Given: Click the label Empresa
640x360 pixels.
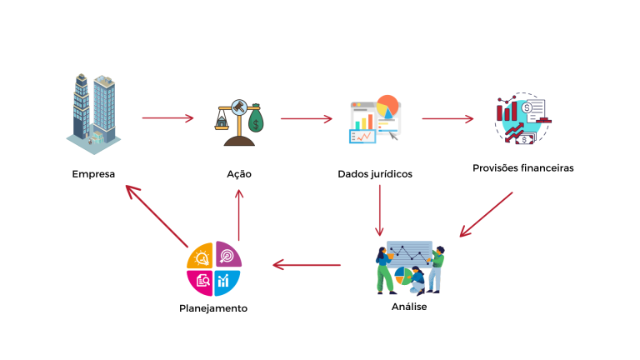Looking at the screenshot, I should coord(93,174).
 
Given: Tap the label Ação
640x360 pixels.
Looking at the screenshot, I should coord(239,174).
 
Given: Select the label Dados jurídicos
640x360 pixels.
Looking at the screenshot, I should coord(375,174).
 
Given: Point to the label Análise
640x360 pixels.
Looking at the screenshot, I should coord(409,306).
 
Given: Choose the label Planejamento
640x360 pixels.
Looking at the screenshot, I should coord(213,308).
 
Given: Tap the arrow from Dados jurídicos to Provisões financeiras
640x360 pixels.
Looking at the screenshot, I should coord(447,118).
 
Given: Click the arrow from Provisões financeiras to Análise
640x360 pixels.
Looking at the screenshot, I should coord(487,215).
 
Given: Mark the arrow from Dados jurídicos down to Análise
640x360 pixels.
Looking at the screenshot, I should coord(380,210).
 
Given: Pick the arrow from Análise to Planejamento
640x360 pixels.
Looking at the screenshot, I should coord(307,266).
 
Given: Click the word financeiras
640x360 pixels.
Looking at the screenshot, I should coord(546,167).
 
